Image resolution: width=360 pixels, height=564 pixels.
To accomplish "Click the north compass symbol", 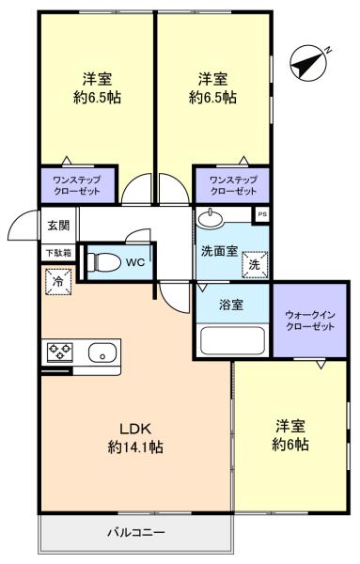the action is coord(309,63).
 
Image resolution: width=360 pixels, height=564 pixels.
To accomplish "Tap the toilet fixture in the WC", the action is coord(103,262).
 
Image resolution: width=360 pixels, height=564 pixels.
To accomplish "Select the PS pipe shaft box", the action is coord(261,214).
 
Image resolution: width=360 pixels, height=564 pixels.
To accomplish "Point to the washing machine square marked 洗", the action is coord(255,265).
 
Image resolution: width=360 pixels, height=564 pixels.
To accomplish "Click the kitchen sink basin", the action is coord(102,352).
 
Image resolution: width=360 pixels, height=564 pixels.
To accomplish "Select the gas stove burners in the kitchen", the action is coord(60,352).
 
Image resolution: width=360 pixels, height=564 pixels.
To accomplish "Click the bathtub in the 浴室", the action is coord(233,340).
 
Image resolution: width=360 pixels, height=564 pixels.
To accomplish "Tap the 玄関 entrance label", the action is coord(58,226).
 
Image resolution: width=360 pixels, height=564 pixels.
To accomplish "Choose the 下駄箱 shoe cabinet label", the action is coord(58,253).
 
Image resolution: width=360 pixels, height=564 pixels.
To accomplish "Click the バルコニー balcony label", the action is coord(136,532).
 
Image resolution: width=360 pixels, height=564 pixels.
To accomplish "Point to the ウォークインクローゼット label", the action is coord(309,321).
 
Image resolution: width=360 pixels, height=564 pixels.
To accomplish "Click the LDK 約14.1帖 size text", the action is coord(135,438).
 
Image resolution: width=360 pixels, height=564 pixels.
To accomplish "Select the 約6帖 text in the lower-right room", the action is coord(290,445).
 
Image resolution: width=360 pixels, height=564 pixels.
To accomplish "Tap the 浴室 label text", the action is coord(231,305).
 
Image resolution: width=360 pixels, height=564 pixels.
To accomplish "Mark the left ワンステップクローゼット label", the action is coord(76,185).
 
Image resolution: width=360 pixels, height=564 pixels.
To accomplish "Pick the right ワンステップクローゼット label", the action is coord(233,185).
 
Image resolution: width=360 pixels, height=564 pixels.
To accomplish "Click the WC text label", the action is coord(135,262).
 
